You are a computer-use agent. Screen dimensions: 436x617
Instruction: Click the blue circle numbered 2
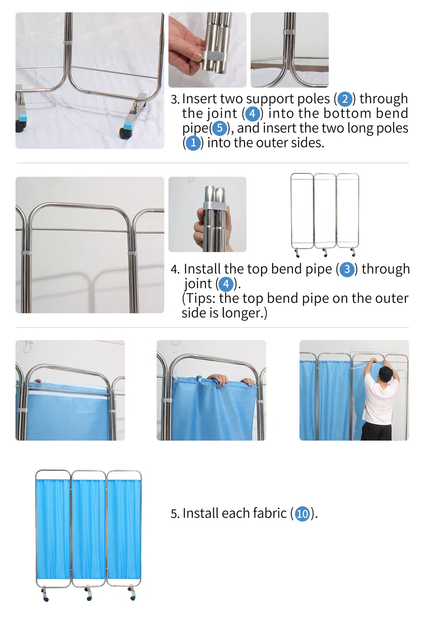[345, 100]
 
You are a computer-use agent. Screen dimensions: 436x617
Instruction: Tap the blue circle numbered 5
[219, 128]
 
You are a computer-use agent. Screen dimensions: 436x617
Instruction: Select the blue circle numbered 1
[193, 143]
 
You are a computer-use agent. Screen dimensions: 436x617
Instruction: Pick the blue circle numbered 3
[347, 269]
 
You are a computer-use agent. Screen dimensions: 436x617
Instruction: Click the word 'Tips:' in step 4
[200, 298]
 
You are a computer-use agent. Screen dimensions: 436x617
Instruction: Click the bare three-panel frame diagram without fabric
[325, 215]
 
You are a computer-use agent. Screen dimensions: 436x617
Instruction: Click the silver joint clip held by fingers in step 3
[216, 56]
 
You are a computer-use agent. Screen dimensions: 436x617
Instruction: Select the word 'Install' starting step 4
[202, 269]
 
